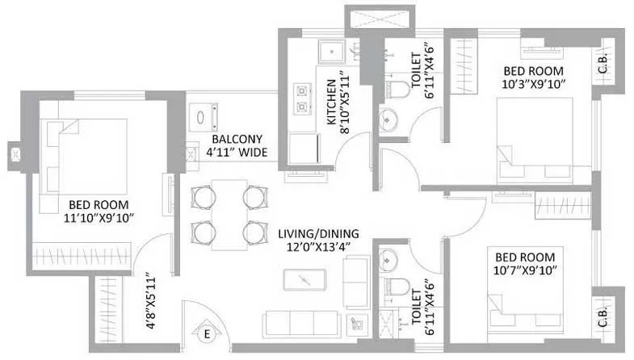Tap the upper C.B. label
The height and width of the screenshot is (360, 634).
(x=604, y=69)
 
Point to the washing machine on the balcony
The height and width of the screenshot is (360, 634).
(x=204, y=119)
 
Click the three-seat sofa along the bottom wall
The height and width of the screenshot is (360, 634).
(x=301, y=323)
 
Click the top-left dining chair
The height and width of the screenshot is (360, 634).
(x=202, y=195)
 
